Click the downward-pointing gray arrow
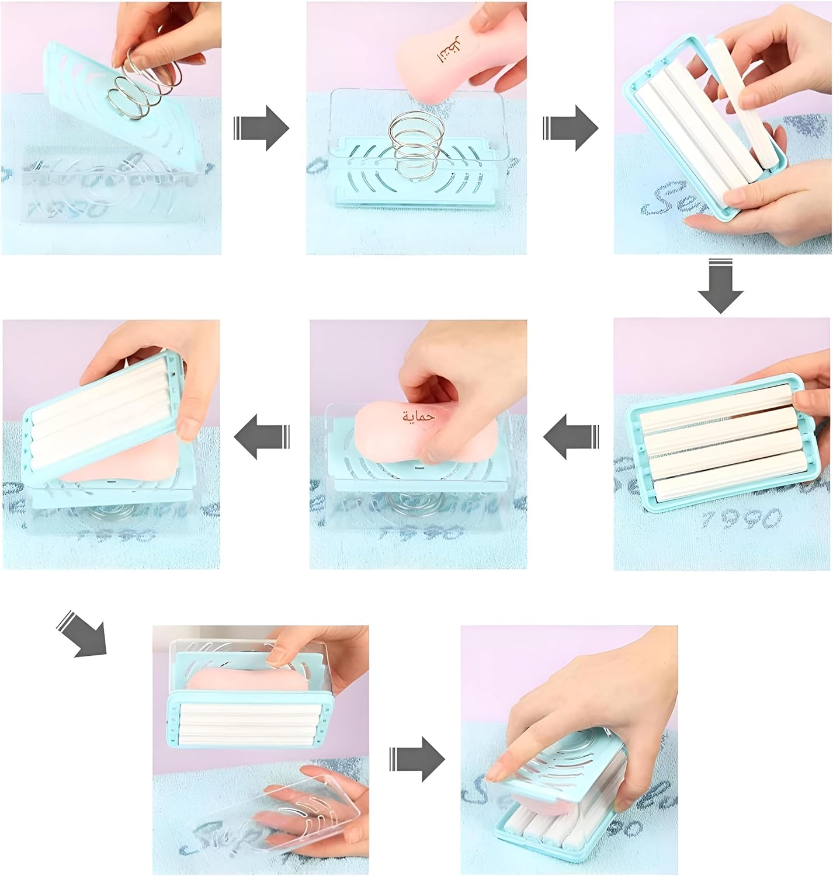(x=721, y=287)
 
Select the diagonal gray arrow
(x=82, y=634)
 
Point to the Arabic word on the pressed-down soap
(x=419, y=416)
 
